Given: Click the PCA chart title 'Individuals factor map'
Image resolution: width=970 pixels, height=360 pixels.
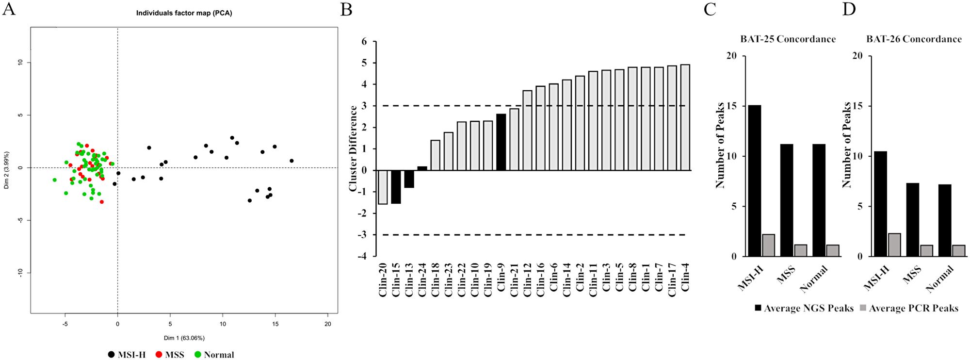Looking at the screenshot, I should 184,13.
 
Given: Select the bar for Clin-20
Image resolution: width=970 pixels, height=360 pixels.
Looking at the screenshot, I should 383,187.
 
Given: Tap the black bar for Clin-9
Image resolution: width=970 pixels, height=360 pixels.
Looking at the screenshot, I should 501,142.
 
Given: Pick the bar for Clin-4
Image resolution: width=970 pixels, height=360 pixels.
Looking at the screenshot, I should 685,117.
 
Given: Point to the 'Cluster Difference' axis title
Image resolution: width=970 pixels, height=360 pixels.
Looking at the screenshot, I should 353,148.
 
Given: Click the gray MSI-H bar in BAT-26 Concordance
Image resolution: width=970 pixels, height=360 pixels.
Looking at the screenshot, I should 894,245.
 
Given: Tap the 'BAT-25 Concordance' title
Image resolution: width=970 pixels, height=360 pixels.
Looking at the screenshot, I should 788,39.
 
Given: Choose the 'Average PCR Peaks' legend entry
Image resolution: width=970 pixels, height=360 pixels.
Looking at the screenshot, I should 908,308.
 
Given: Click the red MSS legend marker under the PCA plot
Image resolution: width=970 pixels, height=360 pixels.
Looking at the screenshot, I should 159,355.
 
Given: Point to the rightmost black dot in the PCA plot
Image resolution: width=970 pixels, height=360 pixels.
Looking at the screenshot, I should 291,161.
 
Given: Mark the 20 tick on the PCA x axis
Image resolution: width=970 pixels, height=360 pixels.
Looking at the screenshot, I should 328,324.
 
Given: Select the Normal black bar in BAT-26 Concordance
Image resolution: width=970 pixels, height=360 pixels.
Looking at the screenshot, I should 945,220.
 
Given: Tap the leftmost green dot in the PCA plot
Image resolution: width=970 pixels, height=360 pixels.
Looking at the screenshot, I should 55,180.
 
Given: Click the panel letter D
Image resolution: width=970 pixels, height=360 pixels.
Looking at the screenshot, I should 849,9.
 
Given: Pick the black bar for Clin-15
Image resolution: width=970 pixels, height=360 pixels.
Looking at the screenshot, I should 396,187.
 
